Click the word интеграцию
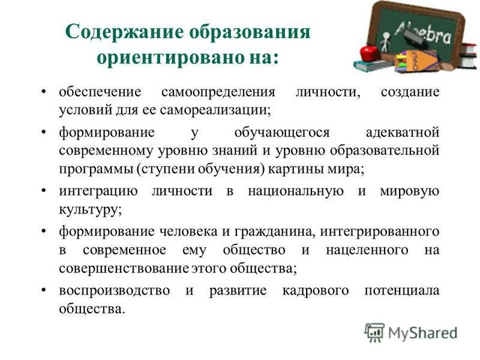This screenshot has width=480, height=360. [98, 191]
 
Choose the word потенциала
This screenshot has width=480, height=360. [402, 291]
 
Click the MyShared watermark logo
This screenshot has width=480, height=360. [411, 332]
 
